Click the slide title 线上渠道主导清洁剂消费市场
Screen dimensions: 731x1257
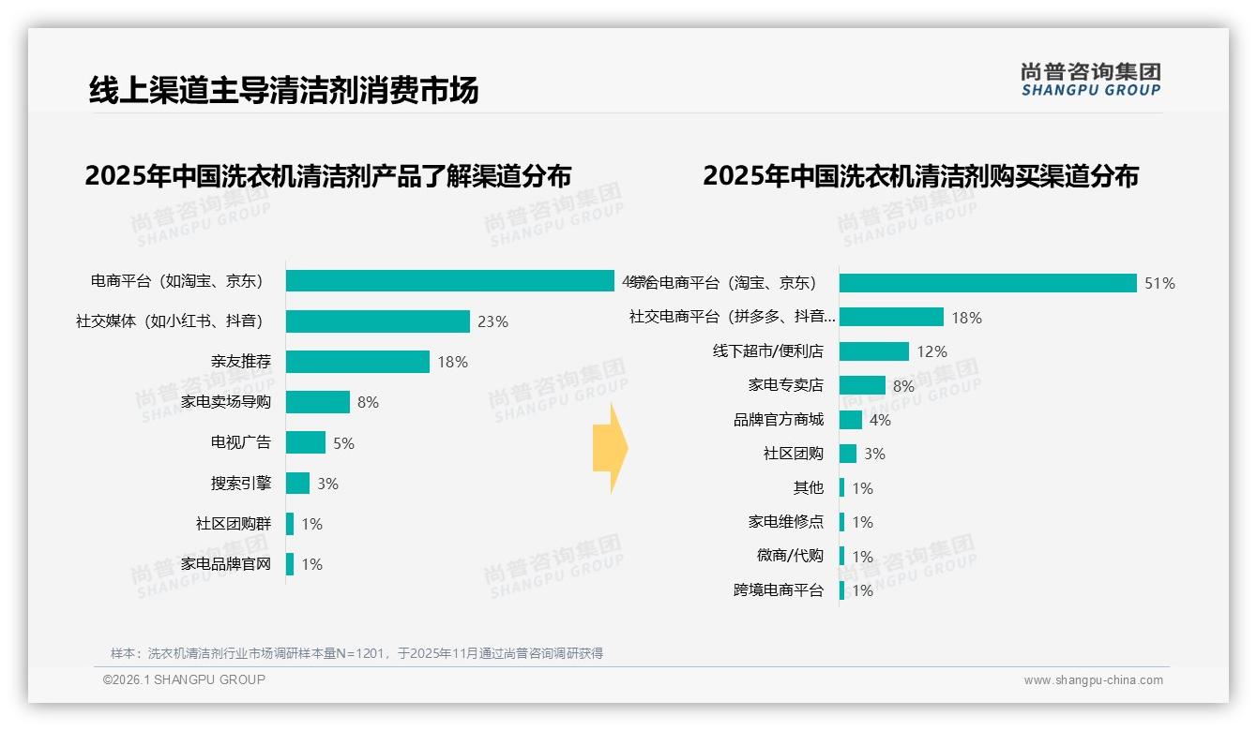click(x=283, y=90)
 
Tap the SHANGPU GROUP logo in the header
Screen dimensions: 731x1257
click(x=1090, y=79)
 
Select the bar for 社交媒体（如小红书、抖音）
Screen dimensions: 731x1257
click(x=377, y=321)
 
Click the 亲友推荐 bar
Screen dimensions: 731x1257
click(x=357, y=362)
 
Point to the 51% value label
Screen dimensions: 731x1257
click(x=1159, y=283)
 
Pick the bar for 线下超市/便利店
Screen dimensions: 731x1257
click(x=873, y=351)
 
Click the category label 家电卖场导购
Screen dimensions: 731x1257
click(x=226, y=402)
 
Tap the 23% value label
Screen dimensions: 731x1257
click(x=492, y=321)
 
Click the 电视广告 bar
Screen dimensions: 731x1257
click(x=306, y=442)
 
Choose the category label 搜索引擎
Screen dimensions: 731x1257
click(x=241, y=484)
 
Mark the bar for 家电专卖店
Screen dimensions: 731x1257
click(x=862, y=385)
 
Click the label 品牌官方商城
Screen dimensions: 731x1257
click(x=779, y=420)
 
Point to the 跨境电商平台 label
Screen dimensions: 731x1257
click(x=779, y=590)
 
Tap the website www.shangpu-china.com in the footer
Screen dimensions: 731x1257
click(x=1093, y=680)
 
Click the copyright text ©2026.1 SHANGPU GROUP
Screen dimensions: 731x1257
click(x=184, y=679)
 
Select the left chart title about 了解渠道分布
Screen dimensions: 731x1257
click(x=327, y=176)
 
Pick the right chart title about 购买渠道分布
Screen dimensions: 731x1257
click(x=920, y=176)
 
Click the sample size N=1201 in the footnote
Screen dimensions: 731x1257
click(x=361, y=653)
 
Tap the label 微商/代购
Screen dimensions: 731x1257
click(x=790, y=556)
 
